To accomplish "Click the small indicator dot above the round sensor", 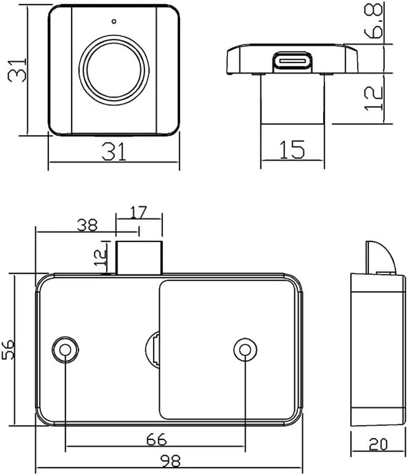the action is click(x=114, y=21).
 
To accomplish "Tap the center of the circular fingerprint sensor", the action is click(x=114, y=70).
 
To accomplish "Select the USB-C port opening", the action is click(x=292, y=61).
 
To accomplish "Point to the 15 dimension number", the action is click(x=292, y=149).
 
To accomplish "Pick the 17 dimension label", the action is click(x=138, y=212).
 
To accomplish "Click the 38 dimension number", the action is click(x=87, y=225).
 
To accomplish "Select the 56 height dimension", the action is click(x=8, y=349).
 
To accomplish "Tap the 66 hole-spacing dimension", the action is click(x=156, y=439).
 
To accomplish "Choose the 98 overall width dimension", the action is click(x=170, y=461).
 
